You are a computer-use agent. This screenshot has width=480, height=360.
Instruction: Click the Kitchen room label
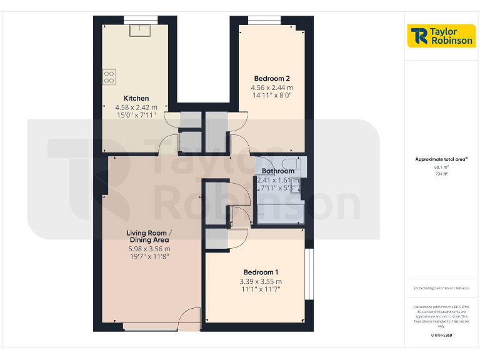tap(136, 98)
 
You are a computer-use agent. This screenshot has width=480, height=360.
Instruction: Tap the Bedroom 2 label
tap(272, 79)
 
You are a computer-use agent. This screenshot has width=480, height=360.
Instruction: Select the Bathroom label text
tap(278, 171)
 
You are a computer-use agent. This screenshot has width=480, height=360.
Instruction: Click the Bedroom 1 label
tap(261, 272)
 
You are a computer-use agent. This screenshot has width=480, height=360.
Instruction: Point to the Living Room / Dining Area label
tap(149, 237)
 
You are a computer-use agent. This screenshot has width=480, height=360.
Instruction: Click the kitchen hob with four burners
tap(109, 76)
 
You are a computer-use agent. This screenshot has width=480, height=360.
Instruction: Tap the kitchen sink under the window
tap(138, 30)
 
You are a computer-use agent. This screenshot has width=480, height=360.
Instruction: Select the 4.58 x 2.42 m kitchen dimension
tap(136, 107)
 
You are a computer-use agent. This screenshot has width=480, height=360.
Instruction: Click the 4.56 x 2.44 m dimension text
tap(272, 87)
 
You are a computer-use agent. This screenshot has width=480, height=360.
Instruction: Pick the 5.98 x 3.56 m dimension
tap(149, 248)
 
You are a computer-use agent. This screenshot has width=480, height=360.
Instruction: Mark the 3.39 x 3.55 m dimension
tap(261, 281)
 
